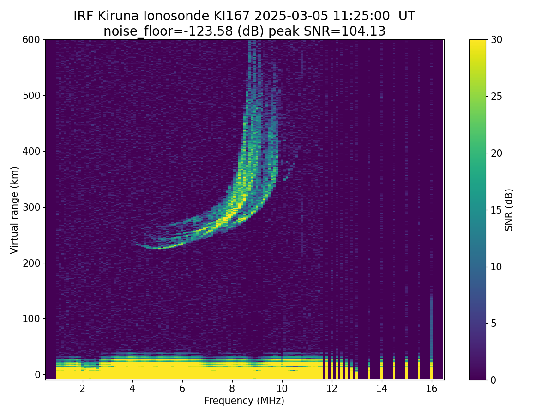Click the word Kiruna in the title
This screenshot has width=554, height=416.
pos(118,16)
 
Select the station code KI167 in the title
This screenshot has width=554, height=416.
pos(232,16)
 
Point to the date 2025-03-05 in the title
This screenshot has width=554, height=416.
pos(291,16)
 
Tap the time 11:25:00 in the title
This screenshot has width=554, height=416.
pos(361,16)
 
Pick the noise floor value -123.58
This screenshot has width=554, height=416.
pos(211,31)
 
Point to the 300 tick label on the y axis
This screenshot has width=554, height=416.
pos(31,208)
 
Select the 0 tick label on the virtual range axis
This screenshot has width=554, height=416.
pos(37,374)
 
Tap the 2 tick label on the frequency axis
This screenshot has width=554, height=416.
pos(82,388)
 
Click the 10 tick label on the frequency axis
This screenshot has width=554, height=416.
pos(282,388)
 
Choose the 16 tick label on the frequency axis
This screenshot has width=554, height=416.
pos(432,388)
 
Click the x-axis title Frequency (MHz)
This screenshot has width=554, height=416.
pos(244,401)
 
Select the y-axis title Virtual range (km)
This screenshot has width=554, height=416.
pos(14,210)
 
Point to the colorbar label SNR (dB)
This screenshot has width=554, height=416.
pos(509,210)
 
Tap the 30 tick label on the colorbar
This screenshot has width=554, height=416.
pos(496,40)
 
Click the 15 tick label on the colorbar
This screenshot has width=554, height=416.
pos(496,210)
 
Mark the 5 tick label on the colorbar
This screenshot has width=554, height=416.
pos(494,323)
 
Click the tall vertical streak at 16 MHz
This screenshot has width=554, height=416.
pos(431,336)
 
